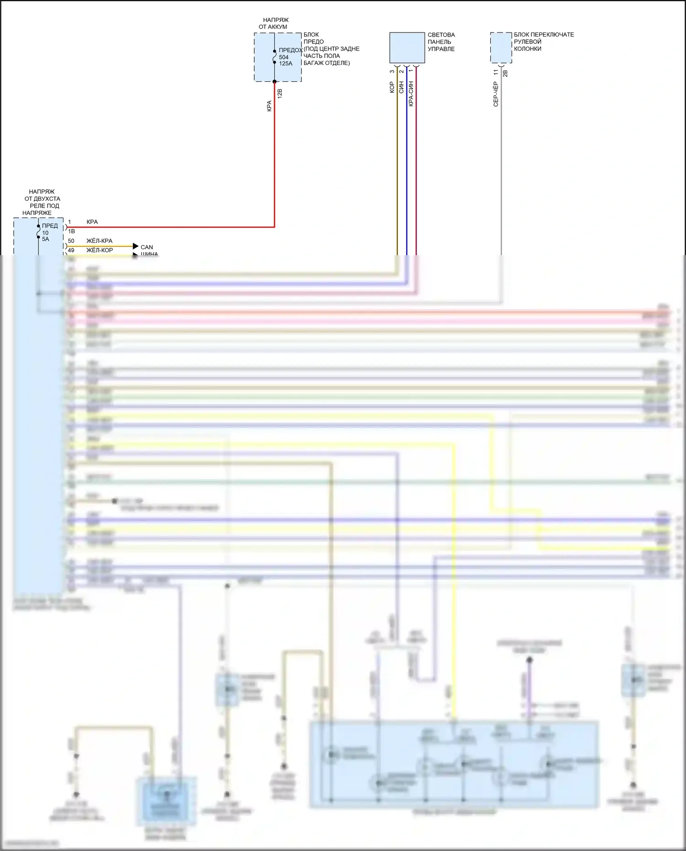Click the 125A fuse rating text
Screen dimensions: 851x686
point(285,64)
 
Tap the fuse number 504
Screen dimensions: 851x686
point(284,57)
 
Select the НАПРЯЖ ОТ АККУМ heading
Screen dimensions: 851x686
point(275,23)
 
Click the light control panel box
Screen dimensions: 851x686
point(407,48)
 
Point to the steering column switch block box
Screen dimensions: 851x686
point(501,48)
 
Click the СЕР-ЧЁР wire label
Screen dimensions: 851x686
point(495,94)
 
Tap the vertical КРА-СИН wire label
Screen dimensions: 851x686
point(411,94)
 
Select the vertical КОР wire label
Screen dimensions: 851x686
point(392,87)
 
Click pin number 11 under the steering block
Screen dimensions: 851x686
point(496,72)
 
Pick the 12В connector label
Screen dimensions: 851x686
point(280,93)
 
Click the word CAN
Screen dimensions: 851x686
point(147,247)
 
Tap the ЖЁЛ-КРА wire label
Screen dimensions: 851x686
point(99,241)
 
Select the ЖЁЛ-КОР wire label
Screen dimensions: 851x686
point(99,250)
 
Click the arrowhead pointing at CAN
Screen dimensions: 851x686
point(135,246)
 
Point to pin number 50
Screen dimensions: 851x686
point(71,241)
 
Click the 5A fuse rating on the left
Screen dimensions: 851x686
point(45,239)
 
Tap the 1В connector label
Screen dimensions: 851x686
point(71,231)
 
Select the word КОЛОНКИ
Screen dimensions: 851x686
point(527,48)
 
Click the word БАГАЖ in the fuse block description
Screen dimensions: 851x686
point(314,63)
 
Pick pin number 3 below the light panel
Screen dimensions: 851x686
point(392,71)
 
